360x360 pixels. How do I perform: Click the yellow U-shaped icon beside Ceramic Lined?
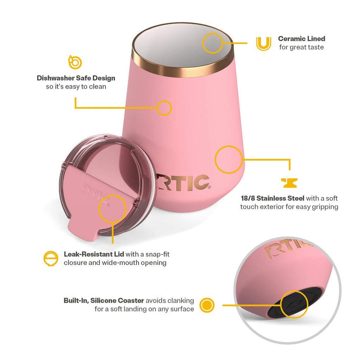pos(264,48)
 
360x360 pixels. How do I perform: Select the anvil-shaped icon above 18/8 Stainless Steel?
pos(289,183)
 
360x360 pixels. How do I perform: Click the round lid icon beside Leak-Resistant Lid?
pos(51,258)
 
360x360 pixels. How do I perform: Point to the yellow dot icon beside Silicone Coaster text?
pos(207,305)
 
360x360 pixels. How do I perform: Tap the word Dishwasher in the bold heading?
pos(56,78)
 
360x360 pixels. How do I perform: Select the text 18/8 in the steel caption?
pos(248,198)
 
